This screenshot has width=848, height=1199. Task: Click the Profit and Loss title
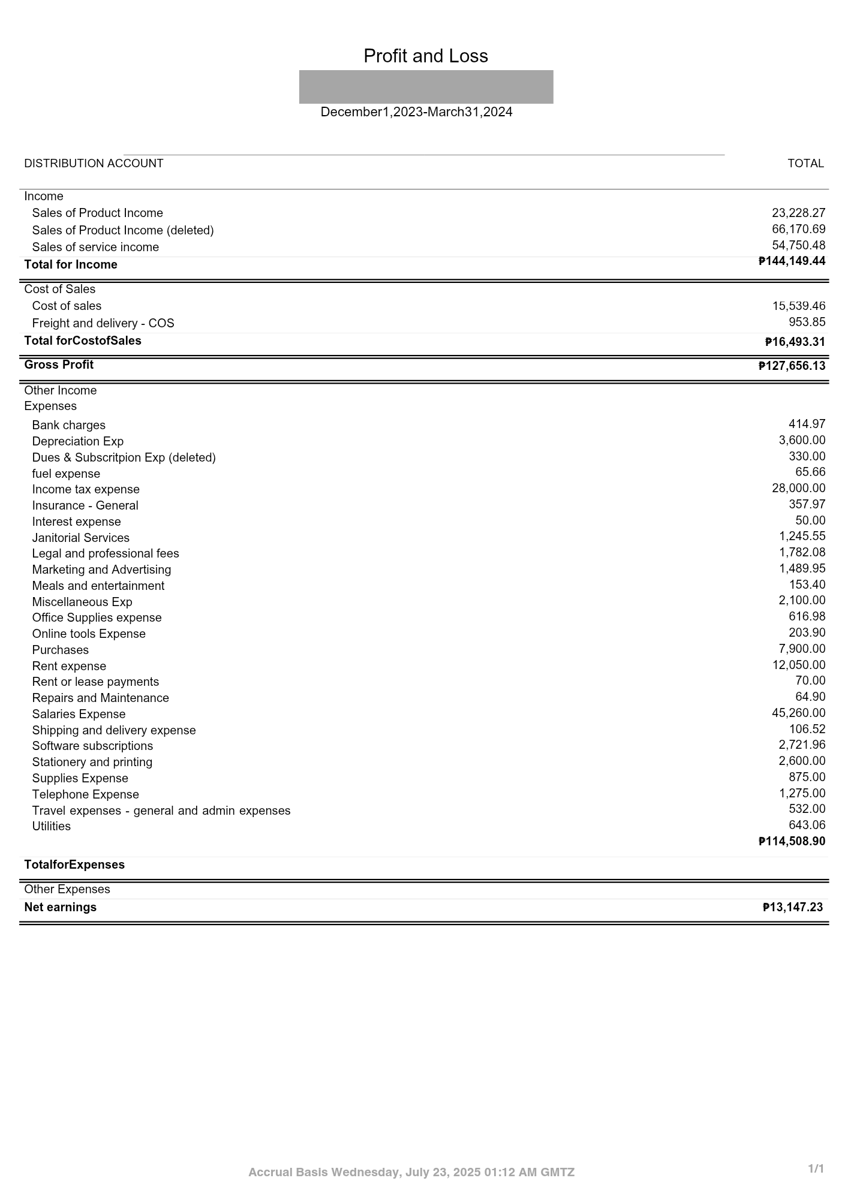pos(425,56)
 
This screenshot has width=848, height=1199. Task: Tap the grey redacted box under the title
pos(426,87)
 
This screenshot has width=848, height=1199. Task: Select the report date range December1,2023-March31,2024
pos(416,112)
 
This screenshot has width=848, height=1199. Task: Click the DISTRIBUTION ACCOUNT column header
pos(94,164)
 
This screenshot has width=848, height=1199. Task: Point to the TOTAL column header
pos(805,164)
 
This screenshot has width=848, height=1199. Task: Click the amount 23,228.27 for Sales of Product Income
pos(798,213)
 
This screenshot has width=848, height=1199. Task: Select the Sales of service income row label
pos(95,247)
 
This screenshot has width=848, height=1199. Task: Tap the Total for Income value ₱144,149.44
pos(792,261)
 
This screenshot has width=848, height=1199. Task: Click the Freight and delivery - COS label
pos(103,323)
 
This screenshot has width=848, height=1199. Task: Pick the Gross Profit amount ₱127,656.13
pos(792,366)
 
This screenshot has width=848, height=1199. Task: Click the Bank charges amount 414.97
pos(807,424)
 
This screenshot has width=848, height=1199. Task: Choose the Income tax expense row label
pos(86,489)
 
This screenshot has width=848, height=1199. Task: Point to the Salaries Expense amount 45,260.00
pos(798,713)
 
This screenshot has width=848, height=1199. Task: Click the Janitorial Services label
pos(81,538)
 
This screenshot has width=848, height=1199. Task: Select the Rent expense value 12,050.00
pos(798,665)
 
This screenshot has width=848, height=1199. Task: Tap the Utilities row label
pos(52,826)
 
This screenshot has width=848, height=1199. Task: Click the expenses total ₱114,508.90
pos(792,841)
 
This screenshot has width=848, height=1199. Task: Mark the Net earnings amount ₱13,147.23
pos(792,907)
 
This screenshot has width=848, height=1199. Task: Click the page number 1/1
pos(816,1168)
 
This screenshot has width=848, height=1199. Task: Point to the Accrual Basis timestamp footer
pos(411,1172)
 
